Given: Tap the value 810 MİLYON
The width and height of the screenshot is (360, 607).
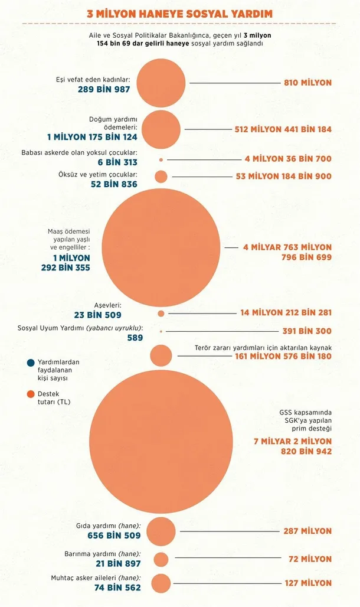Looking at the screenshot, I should (x=307, y=83).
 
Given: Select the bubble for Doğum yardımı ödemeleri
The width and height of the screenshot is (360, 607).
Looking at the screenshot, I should (x=162, y=129).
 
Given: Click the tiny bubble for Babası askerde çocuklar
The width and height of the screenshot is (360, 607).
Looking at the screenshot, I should (x=161, y=159).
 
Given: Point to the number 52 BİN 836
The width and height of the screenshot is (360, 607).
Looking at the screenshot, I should (x=114, y=185).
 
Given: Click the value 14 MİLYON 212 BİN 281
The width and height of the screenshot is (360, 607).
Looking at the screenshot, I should (x=286, y=313).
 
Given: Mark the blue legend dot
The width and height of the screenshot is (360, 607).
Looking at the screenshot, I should (x=30, y=362).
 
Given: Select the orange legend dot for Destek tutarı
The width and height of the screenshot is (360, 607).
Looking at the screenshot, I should (x=30, y=394).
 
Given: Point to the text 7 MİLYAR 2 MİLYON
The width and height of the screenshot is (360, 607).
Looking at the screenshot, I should (x=292, y=441).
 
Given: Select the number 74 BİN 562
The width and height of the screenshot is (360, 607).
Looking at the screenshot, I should (x=117, y=588).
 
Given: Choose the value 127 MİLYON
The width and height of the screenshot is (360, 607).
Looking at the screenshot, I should (x=307, y=583).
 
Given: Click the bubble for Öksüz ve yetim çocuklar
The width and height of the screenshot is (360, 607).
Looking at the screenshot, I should (x=161, y=177).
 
